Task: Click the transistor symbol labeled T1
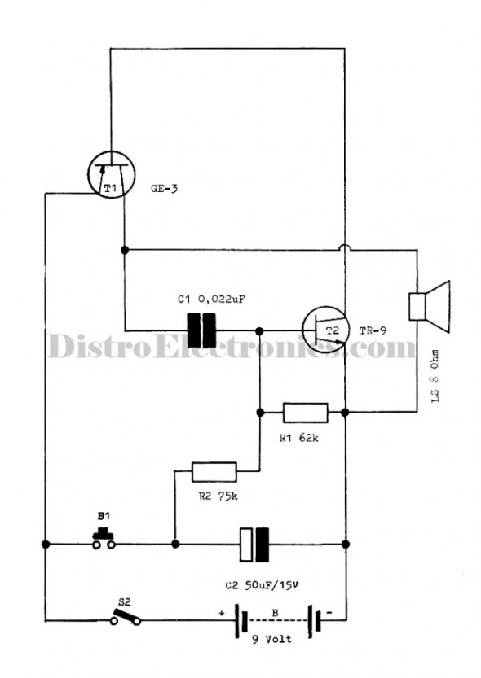(x=111, y=174)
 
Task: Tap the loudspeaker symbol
(x=430, y=306)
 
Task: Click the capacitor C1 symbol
(x=201, y=330)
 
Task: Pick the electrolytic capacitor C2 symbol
(x=254, y=545)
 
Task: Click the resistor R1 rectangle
(x=305, y=413)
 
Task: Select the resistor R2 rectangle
(x=214, y=472)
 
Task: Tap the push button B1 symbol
(x=104, y=539)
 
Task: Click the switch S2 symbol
(x=126, y=617)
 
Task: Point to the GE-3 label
(x=164, y=189)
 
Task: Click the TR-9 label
(x=373, y=331)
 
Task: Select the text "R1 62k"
(x=298, y=438)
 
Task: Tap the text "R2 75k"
(x=218, y=496)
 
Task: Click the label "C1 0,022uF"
(x=212, y=300)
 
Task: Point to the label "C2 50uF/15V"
(x=262, y=585)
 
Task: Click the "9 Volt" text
(x=272, y=639)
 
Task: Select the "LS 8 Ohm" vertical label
(x=435, y=377)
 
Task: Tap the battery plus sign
(x=222, y=613)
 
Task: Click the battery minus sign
(x=329, y=613)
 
